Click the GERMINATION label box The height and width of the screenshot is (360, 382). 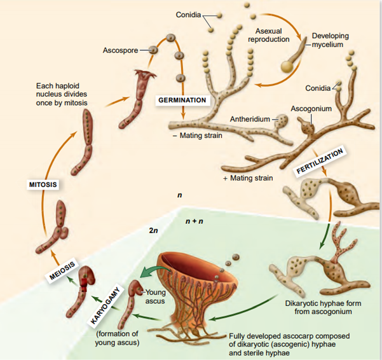182,100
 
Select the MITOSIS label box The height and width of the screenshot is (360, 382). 43,184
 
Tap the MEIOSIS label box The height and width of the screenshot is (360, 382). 62,270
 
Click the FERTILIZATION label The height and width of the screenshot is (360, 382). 321,161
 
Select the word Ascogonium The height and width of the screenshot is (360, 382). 311,109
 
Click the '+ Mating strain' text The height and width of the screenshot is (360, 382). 248,178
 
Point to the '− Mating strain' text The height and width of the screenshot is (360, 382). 193,135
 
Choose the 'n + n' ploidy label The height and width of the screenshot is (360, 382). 194,221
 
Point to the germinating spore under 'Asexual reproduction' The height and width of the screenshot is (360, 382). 289,64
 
